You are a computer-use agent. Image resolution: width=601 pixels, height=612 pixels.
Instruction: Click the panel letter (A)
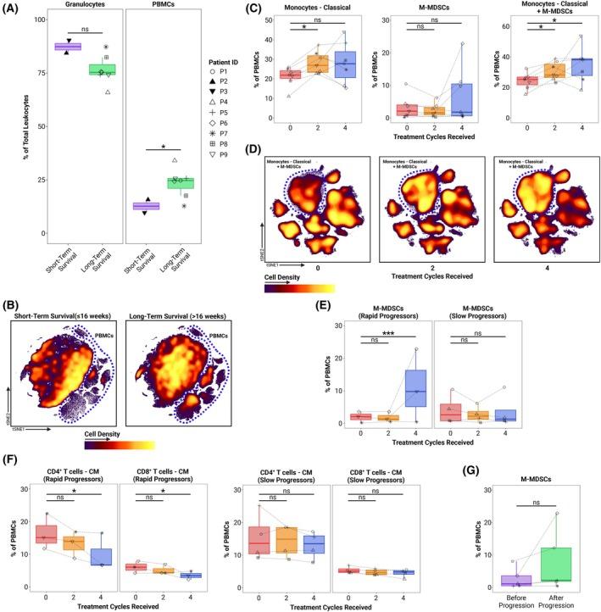point(13,9)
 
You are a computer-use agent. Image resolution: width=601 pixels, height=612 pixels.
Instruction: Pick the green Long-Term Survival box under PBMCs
point(180,182)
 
